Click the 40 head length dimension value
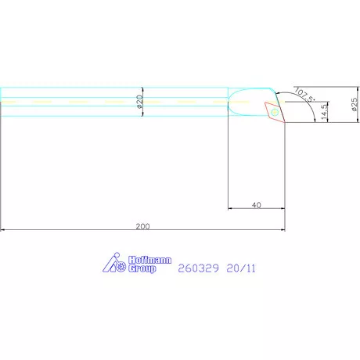pyautogui.click(x=256, y=204)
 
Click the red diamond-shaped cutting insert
pyautogui.click(x=275, y=111)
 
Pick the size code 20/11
pyautogui.click(x=241, y=267)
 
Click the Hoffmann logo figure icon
pyautogui.click(x=115, y=265)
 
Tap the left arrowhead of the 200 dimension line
pyautogui.click(x=3, y=230)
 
